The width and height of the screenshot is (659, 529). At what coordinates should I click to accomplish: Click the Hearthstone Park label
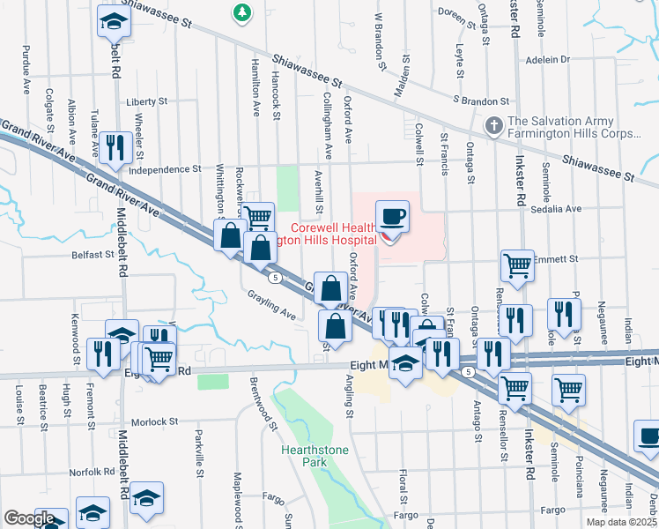304,456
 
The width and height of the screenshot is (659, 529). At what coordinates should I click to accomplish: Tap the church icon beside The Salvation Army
494,127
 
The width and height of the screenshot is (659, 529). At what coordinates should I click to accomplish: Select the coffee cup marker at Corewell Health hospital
393,216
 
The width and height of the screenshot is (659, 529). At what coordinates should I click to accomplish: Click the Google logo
29,518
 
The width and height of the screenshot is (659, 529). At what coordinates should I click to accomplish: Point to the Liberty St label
146,101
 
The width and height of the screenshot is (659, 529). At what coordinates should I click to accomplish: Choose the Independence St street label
165,168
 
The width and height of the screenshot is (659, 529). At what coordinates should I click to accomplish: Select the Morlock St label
155,422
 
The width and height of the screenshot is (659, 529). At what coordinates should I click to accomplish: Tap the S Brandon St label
481,101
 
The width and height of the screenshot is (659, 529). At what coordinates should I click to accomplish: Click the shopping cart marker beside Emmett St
517,264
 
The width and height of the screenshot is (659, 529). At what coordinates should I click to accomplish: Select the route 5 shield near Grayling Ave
276,278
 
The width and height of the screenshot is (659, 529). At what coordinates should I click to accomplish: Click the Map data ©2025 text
622,522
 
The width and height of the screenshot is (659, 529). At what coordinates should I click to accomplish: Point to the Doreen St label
456,14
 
